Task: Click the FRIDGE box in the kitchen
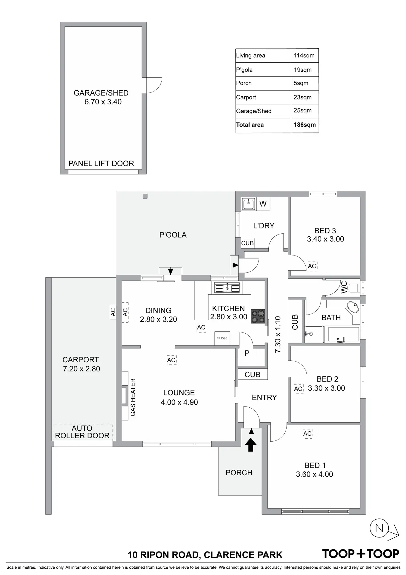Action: tap(222, 338)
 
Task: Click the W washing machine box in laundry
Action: tap(263, 204)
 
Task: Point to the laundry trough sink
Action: tap(249, 204)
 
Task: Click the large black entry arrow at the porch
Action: tap(251, 445)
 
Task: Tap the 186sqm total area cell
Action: tap(304, 125)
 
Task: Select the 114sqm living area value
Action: tap(304, 56)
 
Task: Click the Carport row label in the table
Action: tap(246, 97)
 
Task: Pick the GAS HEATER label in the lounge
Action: tap(133, 397)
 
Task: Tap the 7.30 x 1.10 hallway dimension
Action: tap(278, 334)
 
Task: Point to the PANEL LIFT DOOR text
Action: tap(101, 163)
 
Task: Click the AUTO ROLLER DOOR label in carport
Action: tap(82, 432)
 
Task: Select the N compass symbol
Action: tap(379, 528)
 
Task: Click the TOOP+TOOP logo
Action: tap(360, 554)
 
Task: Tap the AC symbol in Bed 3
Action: tap(312, 266)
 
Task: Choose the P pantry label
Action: tap(247, 353)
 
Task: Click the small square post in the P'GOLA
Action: tap(145, 196)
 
